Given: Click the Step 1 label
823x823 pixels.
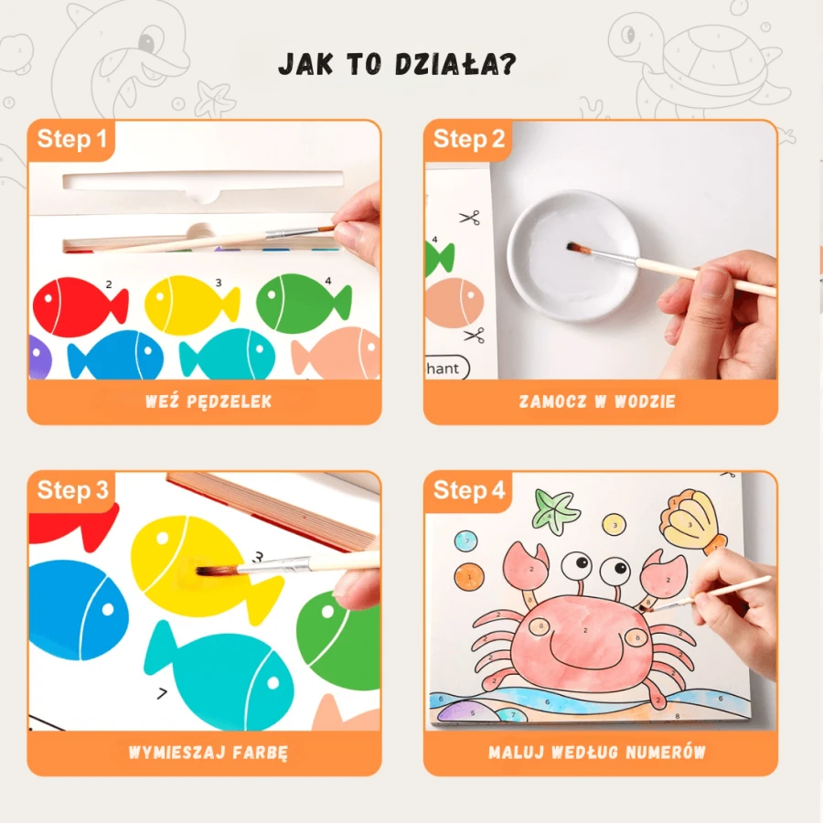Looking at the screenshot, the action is click(72, 139).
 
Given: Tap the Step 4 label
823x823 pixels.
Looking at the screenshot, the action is click(469, 490).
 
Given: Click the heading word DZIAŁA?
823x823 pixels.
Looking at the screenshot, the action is click(455, 64).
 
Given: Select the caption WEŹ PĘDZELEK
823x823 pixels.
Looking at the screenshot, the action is click(208, 401).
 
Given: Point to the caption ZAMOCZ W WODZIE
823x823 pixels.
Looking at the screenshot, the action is click(597, 401).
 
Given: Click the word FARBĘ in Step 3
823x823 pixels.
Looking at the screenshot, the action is click(261, 753).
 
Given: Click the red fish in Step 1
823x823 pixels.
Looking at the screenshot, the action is click(80, 307).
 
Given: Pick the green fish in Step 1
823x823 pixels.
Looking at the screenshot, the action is click(304, 304).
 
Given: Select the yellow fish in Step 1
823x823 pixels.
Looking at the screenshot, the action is click(192, 305).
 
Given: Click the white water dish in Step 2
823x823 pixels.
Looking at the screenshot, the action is click(573, 256).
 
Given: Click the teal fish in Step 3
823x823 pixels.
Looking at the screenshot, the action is click(220, 675).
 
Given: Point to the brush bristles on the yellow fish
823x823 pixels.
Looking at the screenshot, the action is click(216, 571).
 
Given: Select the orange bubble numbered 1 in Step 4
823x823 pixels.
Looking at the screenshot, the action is click(469, 577).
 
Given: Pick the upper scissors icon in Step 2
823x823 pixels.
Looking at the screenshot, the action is click(470, 218).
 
